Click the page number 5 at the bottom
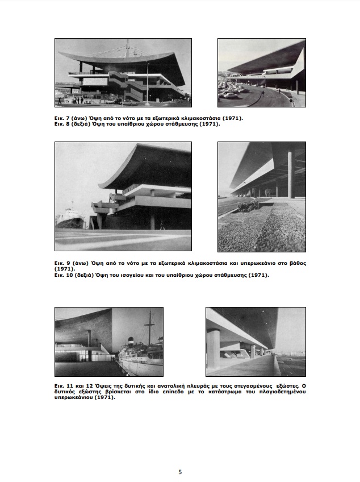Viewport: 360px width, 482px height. tap(180, 472)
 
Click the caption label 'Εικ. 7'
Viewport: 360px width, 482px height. tap(62, 118)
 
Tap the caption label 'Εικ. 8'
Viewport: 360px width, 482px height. tap(62, 123)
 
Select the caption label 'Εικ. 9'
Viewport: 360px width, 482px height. tap(62, 263)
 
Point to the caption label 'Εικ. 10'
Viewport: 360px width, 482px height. tap(64, 275)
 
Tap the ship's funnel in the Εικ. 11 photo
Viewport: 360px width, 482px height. tap(131, 343)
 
